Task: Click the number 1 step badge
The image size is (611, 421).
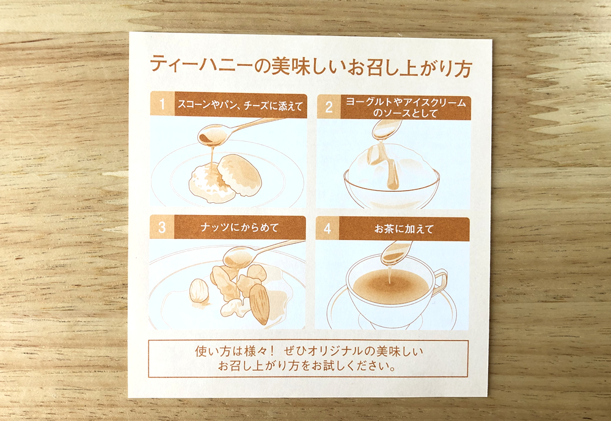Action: (x=163, y=104)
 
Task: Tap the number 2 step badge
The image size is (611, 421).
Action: (x=329, y=107)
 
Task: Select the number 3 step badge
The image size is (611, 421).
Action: (x=162, y=227)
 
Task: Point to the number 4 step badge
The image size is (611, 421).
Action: (x=327, y=229)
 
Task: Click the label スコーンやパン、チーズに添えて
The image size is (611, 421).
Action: (x=240, y=105)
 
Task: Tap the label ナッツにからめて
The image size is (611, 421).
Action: (x=240, y=227)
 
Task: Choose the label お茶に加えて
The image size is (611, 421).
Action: (x=404, y=229)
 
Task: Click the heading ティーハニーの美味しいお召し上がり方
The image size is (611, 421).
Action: (x=311, y=66)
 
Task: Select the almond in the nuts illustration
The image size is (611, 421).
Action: (x=259, y=304)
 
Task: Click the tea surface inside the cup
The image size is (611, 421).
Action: (x=390, y=287)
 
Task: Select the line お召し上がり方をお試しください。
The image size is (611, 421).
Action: (x=307, y=365)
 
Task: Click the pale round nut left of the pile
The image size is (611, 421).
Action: (x=199, y=291)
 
